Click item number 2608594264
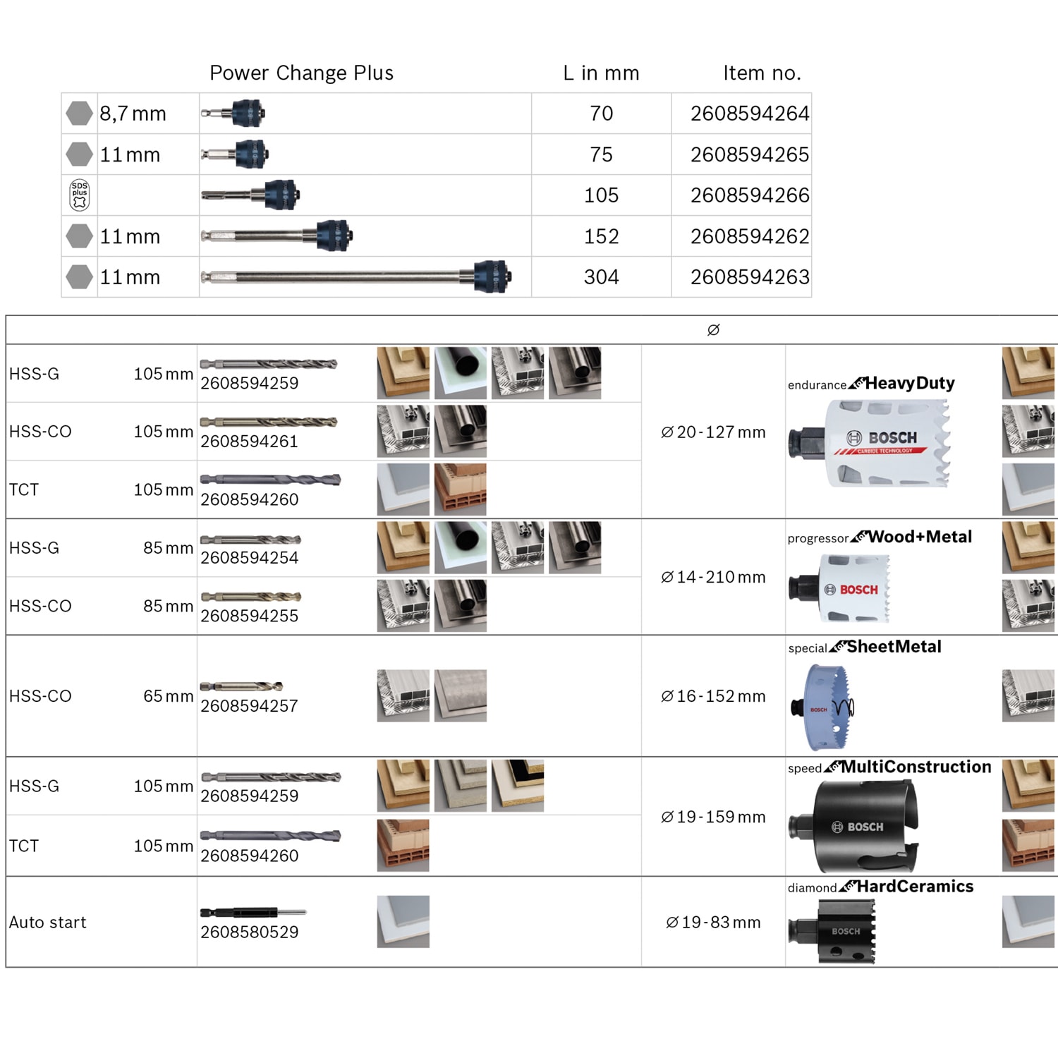click(x=750, y=114)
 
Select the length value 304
click(x=601, y=277)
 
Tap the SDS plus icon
click(x=80, y=195)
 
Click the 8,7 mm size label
click(x=133, y=114)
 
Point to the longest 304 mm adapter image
click(x=356, y=276)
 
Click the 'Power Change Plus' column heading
click(x=301, y=73)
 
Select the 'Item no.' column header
click(x=762, y=73)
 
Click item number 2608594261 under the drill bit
click(x=249, y=442)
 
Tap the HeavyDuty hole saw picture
click(x=869, y=443)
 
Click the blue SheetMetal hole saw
click(x=822, y=707)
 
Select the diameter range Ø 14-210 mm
click(x=713, y=577)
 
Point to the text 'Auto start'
click(x=47, y=923)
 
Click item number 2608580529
click(x=249, y=932)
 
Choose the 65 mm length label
click(x=168, y=696)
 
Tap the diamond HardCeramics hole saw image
click(x=832, y=931)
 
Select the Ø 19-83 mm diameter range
click(x=713, y=923)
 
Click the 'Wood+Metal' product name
click(x=920, y=537)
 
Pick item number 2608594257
click(x=249, y=706)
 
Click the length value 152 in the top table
click(x=601, y=236)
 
